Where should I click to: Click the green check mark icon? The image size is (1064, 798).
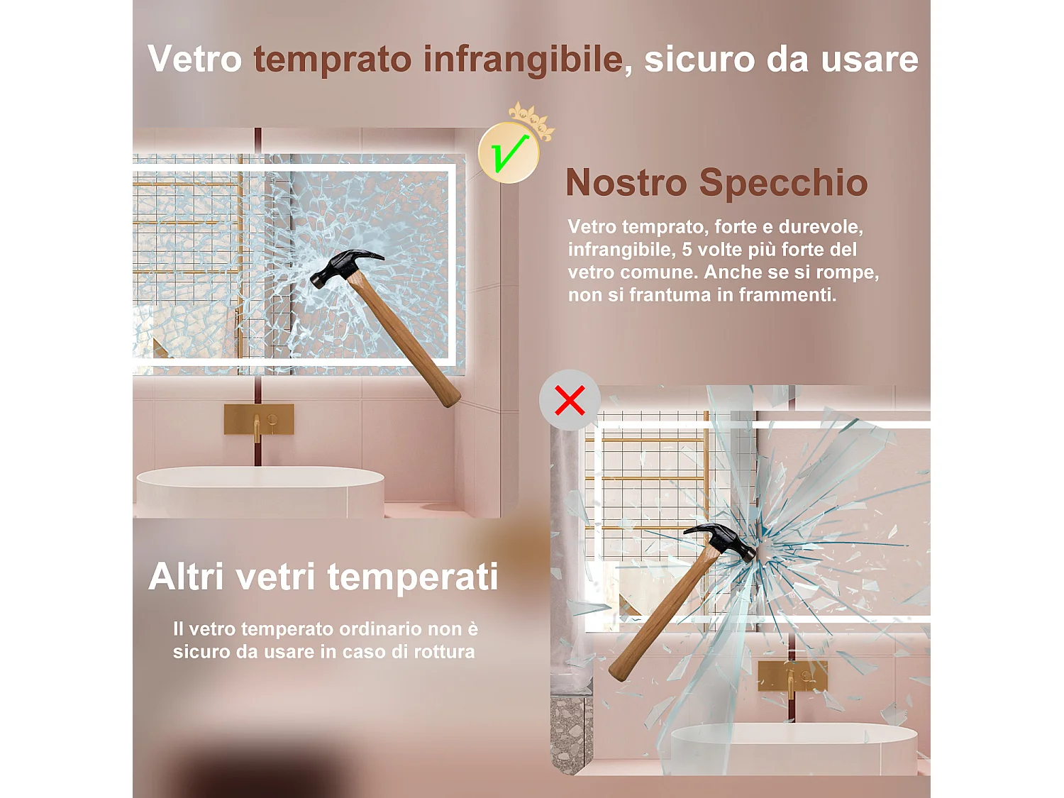pos(509,153)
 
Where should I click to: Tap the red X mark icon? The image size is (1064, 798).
pos(570,400)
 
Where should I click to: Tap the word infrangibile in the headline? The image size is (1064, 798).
pos(523,59)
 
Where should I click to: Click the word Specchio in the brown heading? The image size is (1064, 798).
pos(783,182)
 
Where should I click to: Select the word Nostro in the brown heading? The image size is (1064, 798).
pos(626,182)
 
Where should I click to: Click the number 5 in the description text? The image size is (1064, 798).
pos(686,250)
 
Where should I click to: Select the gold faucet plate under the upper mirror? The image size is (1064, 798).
pos(259,419)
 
